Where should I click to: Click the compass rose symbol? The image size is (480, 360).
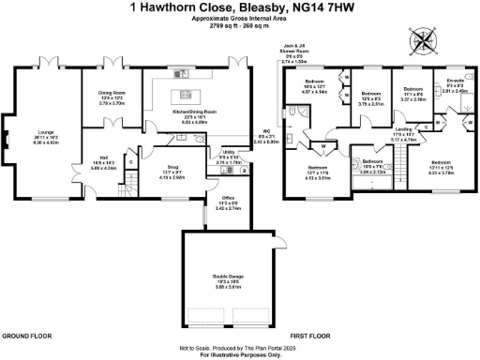[x=423, y=40]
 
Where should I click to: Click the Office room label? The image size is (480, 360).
[x=229, y=200]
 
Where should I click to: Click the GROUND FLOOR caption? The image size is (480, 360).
[x=26, y=334]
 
